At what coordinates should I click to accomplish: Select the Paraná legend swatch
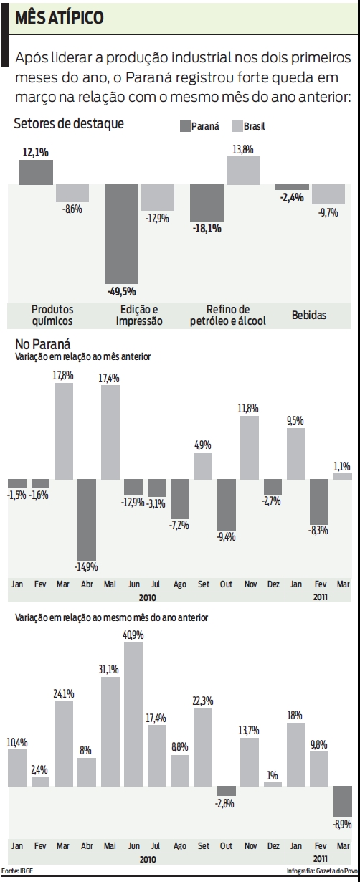(184, 125)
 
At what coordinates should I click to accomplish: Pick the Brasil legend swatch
(237, 125)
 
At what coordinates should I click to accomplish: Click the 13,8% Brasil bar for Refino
(242, 170)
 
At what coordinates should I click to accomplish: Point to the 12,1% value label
(35, 152)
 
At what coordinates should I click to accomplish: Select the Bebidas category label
(309, 315)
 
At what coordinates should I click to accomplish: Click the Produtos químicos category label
(52, 315)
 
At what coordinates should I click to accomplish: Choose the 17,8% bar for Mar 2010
(64, 431)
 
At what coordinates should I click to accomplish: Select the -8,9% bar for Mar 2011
(342, 802)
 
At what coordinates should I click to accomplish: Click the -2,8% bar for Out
(226, 791)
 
